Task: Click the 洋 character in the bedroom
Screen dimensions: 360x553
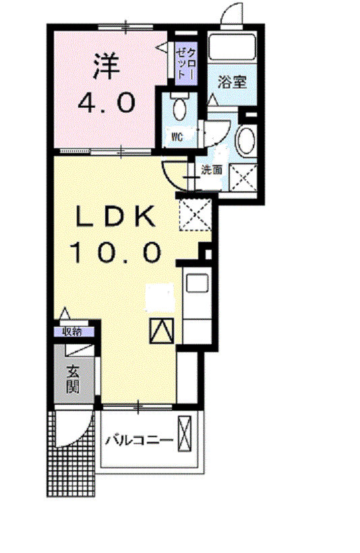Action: pyautogui.click(x=107, y=66)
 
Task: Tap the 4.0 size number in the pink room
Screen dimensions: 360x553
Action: pyautogui.click(x=107, y=102)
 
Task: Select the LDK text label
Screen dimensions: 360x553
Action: pyautogui.click(x=115, y=216)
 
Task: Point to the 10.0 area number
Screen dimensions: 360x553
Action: pyautogui.click(x=116, y=252)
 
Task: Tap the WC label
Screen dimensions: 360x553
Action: pyautogui.click(x=177, y=137)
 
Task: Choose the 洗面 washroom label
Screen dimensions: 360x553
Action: pyautogui.click(x=212, y=170)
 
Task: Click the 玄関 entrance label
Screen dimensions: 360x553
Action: pyautogui.click(x=73, y=380)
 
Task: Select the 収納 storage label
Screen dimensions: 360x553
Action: pyautogui.click(x=72, y=331)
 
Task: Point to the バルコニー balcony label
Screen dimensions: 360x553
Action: pyautogui.click(x=140, y=440)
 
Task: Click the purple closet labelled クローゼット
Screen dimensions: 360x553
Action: pyautogui.click(x=186, y=63)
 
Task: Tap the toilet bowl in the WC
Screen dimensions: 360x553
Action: pyautogui.click(x=179, y=108)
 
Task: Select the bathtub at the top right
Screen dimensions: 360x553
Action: pyautogui.click(x=231, y=47)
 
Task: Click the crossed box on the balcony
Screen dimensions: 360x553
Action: pyautogui.click(x=185, y=434)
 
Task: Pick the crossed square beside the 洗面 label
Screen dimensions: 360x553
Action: pyautogui.click(x=243, y=178)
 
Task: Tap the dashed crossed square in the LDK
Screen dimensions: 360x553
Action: pyautogui.click(x=196, y=215)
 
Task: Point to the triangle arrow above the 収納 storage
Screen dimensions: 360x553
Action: pyautogui.click(x=64, y=313)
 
